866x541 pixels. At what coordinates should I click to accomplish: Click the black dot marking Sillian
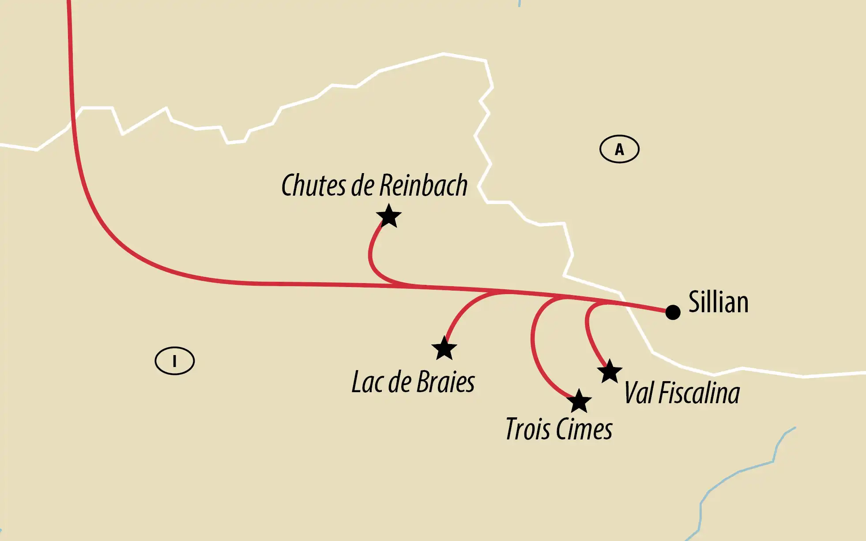[x=673, y=312]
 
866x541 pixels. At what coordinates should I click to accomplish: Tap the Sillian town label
[x=718, y=303]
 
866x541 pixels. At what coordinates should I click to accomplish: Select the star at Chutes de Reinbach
[x=389, y=216]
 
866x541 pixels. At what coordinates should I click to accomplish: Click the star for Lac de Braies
[x=444, y=348]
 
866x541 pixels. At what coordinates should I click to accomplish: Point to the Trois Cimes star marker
[x=579, y=401]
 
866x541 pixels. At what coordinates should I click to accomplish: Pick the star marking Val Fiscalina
[x=610, y=371]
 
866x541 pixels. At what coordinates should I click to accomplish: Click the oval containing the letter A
[x=619, y=149]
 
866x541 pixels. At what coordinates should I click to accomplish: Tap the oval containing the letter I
[x=174, y=361]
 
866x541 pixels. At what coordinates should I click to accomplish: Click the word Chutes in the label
[x=313, y=185]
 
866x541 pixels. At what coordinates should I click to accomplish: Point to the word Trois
[x=528, y=429]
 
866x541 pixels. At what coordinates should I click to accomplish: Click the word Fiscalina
[x=699, y=393]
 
